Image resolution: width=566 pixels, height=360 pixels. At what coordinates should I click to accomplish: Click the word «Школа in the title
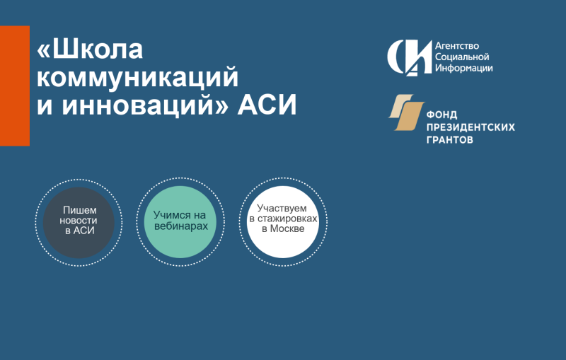tap(90, 50)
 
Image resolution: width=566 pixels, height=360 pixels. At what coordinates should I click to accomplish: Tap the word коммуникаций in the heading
tap(137, 77)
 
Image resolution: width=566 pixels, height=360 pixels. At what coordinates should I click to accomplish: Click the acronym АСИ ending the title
tap(267, 105)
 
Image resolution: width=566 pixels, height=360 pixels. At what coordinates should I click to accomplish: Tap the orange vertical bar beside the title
tap(15, 86)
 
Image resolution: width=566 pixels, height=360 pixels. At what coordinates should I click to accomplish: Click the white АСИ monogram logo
tap(410, 58)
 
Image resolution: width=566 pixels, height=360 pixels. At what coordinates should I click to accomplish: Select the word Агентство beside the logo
tap(457, 46)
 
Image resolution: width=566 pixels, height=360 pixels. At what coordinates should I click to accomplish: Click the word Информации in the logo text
tap(464, 68)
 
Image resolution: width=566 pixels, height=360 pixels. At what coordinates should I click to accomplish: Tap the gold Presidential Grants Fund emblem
tap(406, 112)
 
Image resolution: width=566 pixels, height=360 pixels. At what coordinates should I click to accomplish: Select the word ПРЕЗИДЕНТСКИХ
tap(470, 127)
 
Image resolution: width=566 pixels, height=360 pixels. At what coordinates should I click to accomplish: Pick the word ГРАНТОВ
tap(450, 139)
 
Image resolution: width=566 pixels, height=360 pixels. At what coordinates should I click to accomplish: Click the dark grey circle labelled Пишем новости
tap(79, 223)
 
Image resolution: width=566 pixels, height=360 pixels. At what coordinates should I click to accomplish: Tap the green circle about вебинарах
tap(180, 222)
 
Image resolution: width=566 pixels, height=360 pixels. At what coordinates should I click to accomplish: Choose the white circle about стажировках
tap(283, 222)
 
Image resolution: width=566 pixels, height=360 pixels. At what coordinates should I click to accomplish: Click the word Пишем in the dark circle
tap(80, 210)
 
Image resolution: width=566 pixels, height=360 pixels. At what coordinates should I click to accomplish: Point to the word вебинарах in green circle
tap(181, 226)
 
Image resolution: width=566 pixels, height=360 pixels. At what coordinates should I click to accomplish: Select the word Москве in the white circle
tap(287, 228)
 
